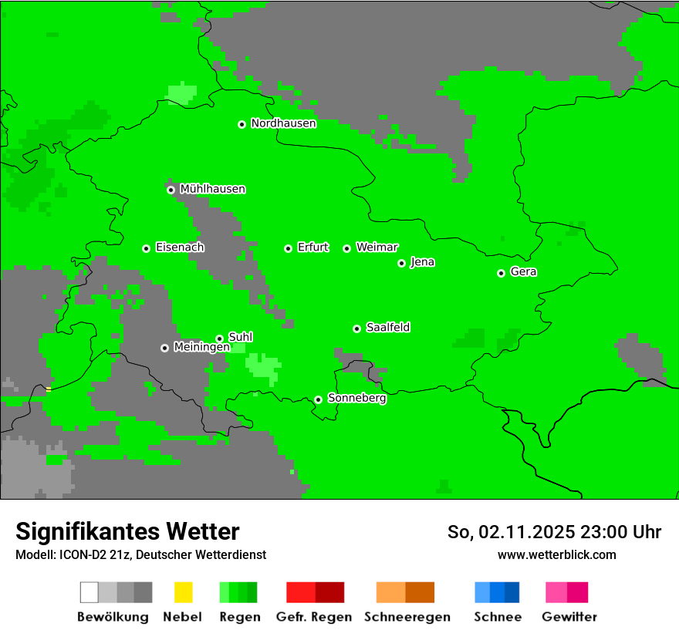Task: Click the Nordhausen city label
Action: (x=283, y=123)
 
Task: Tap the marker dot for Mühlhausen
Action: (x=171, y=190)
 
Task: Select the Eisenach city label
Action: (x=180, y=248)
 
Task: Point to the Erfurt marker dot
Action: (x=288, y=248)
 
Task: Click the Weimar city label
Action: (x=377, y=248)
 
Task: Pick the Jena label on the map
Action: (x=422, y=262)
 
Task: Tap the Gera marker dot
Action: (x=501, y=273)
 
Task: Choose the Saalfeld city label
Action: (x=387, y=328)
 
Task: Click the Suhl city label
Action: (x=240, y=337)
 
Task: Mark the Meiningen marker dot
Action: (x=164, y=348)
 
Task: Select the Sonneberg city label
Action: (x=356, y=399)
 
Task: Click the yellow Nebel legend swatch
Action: (x=183, y=592)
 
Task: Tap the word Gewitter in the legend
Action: (x=569, y=617)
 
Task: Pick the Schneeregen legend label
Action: (x=407, y=617)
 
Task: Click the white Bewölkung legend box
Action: (x=90, y=592)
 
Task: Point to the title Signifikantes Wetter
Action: (x=127, y=531)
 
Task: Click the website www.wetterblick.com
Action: (x=556, y=554)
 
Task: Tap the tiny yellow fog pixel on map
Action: (x=49, y=389)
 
